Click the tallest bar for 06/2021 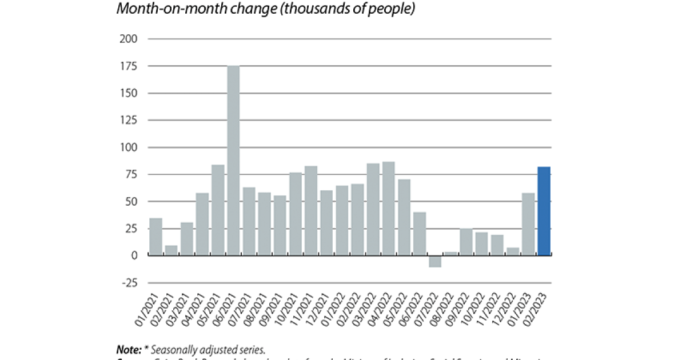pos(233,161)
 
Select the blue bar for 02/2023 pos(544,211)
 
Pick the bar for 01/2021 pos(155,237)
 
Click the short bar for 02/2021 pos(171,250)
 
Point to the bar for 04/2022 pos(388,209)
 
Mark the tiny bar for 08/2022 pos(450,254)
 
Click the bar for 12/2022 pos(513,251)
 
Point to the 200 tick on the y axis pos(129,39)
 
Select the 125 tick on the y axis pos(129,120)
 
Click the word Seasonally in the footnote pos(176,349)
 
